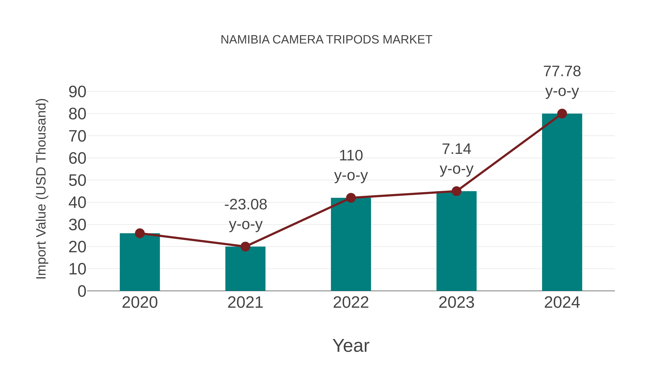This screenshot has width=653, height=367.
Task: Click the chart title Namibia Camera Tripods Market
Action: point(326,40)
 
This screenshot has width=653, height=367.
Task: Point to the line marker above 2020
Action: point(140,233)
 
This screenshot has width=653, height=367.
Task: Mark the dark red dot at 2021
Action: point(245,246)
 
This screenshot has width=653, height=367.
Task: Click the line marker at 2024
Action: point(562,114)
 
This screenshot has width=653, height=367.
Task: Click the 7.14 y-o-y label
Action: point(456,159)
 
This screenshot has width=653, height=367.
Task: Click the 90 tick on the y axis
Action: point(77,92)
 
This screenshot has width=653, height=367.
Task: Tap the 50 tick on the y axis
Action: point(77,181)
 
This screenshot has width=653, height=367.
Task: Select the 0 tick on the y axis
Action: point(82,291)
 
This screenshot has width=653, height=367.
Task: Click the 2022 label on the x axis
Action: point(351,302)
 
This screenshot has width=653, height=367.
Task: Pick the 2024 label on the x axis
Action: point(562,302)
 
